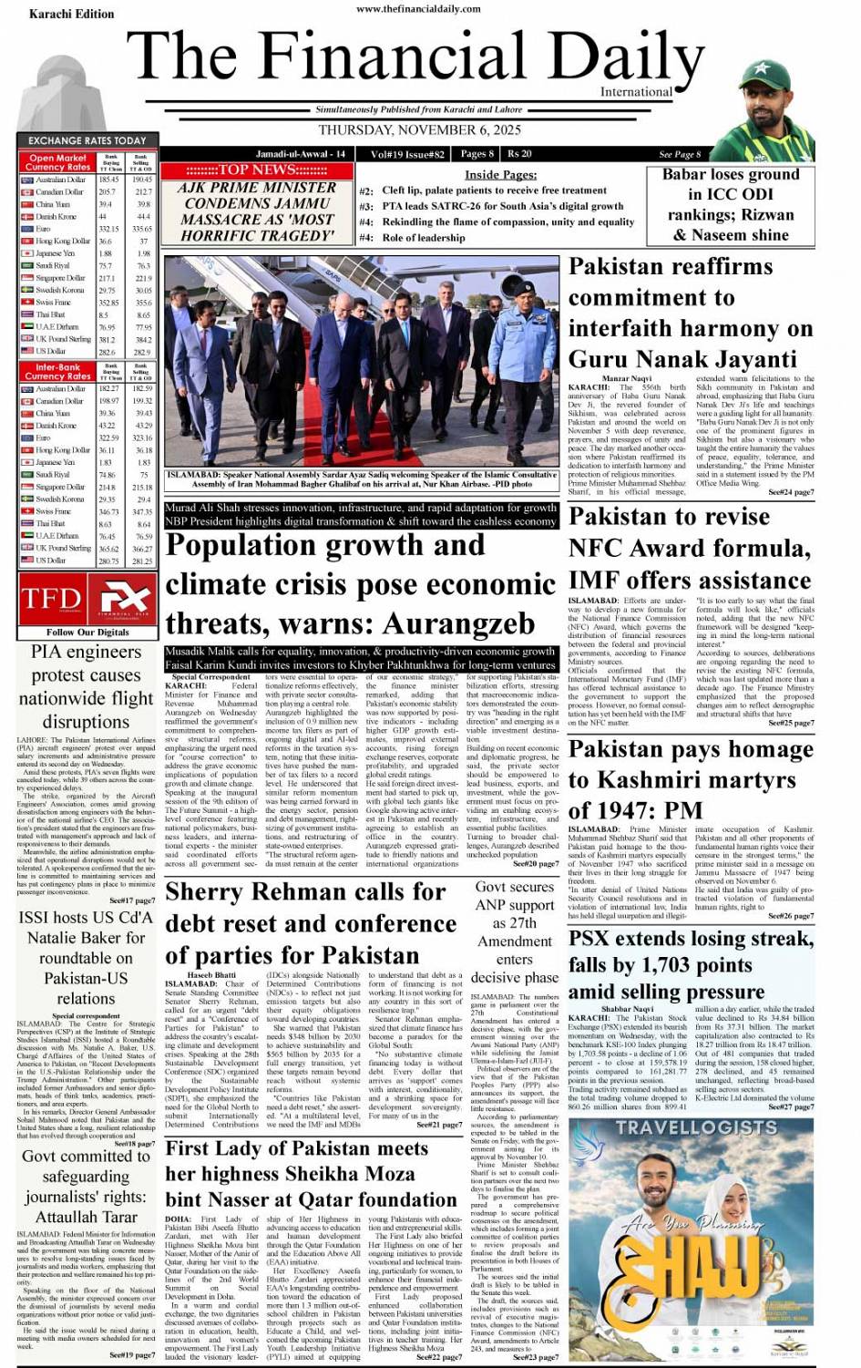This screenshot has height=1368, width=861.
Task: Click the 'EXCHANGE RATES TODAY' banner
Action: coord(87,140)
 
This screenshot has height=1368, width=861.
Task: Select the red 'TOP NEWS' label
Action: coord(256,170)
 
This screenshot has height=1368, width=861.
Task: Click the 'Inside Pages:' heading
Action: coord(500,174)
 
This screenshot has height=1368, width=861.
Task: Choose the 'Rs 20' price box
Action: coord(519,154)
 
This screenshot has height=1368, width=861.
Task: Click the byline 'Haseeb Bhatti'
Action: coord(211,975)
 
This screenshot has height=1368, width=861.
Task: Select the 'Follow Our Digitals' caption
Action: coord(87,632)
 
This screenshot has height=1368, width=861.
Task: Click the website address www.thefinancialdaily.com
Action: coord(419,8)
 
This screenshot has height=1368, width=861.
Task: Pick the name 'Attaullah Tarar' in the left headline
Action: coord(87,1217)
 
